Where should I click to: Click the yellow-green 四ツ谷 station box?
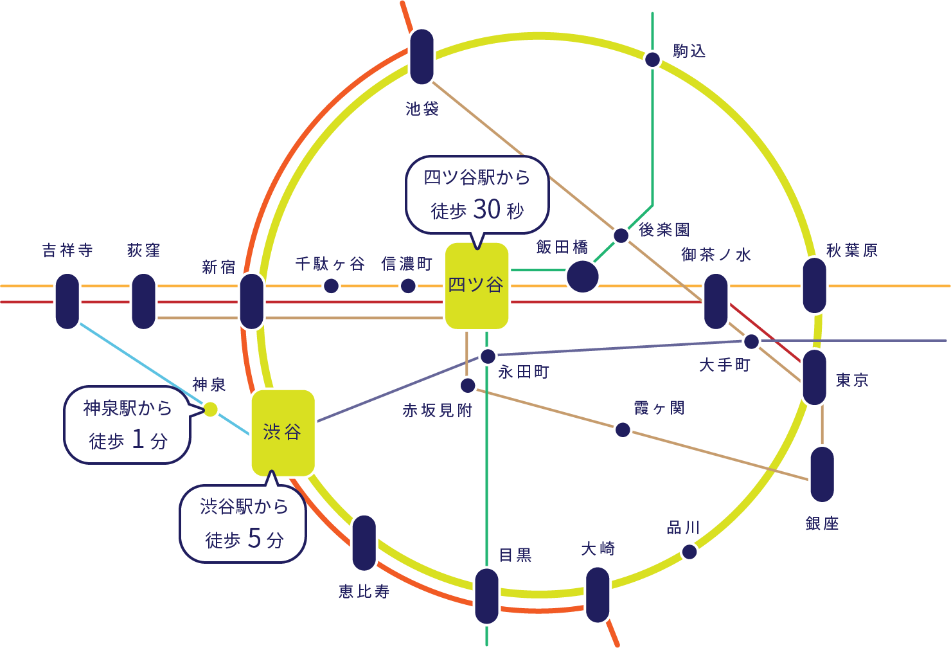476,286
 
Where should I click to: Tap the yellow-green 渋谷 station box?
283,433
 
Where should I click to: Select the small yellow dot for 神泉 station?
210,409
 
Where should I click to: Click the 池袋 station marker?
422,57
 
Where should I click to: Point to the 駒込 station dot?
652,60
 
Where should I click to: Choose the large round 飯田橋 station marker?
582,276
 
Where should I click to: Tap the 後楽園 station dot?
621,235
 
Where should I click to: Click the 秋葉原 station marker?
814,285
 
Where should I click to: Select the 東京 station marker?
814,377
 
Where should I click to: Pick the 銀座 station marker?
822,474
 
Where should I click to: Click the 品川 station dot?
689,552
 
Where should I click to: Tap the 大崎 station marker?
598,595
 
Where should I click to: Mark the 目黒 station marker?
486,596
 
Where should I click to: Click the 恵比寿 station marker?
364,543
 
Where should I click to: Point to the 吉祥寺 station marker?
67,301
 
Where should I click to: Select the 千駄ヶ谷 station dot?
331,285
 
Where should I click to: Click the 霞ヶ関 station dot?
623,429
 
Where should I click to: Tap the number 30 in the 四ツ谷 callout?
486,209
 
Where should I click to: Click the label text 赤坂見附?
437,410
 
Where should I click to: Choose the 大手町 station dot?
751,341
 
